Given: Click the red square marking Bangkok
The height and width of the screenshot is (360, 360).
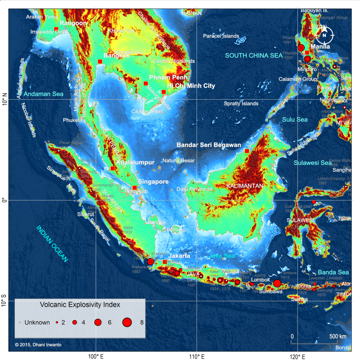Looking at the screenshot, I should coord(100,62).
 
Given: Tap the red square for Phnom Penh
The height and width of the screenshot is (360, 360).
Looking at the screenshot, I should coord(146,84).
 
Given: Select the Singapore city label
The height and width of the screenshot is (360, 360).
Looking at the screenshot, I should coord(153,182).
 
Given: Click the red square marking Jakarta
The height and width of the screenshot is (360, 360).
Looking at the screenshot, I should coord(165,262).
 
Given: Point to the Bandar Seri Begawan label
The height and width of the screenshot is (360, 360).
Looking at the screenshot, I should coord(209,145).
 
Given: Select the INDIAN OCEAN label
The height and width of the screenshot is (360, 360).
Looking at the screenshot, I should coord(52,244).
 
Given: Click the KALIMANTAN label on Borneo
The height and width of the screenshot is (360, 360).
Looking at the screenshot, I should coord(245,186).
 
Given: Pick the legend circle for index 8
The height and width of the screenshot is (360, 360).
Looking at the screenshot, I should coord(127,322).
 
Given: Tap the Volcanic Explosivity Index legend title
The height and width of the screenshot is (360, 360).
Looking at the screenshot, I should coord(80,305).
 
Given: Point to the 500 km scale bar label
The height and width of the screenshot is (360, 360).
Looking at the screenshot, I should coord(338,336).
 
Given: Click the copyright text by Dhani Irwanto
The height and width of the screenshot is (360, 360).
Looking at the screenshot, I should coord(38,345).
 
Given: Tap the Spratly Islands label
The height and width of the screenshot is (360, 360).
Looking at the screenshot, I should coord(241,103).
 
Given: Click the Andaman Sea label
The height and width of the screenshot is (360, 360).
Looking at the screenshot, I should coord(44,94).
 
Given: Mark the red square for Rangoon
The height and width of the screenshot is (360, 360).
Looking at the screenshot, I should coord(56,29).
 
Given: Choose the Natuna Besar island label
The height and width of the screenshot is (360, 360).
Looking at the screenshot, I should coord(179,161).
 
